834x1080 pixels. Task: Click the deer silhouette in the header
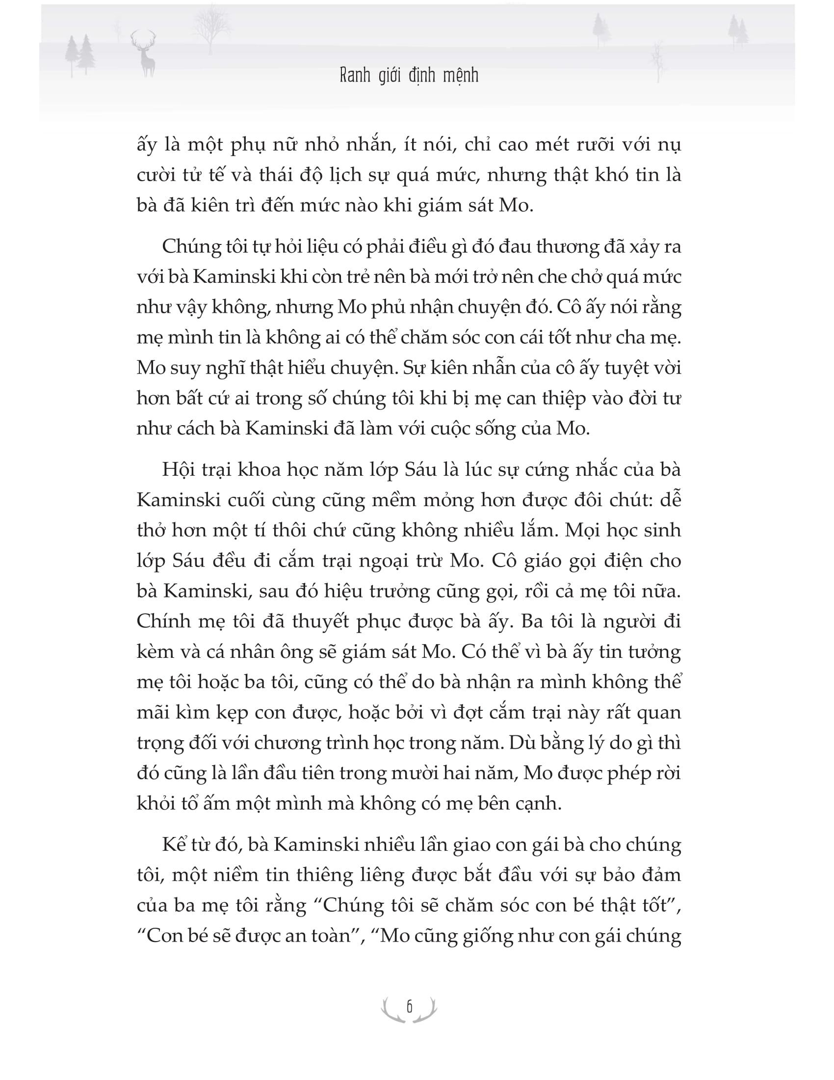[144, 54]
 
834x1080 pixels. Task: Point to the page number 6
[409, 1006]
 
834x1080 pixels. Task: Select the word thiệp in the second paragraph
[548, 399]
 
